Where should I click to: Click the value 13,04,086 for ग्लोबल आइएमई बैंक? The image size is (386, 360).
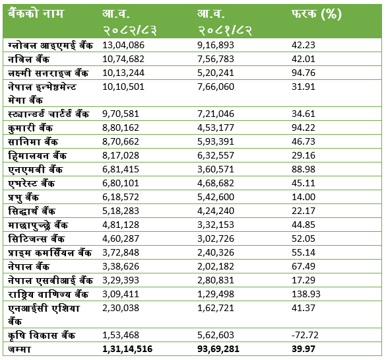tap(123, 45)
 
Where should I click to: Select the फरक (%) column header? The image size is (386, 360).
tap(317, 14)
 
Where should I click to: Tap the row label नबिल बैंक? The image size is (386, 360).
tap(28, 59)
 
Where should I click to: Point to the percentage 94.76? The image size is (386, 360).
tap(304, 73)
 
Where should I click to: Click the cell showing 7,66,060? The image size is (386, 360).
tap(216, 87)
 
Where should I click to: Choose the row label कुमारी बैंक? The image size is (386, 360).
tap(30, 128)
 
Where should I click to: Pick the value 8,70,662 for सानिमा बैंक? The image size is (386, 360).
tap(121, 141)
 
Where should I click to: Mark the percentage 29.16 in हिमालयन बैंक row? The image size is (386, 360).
tap(304, 155)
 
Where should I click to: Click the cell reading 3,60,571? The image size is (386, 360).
tap(216, 169)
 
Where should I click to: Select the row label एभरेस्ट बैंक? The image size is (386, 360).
tap(31, 184)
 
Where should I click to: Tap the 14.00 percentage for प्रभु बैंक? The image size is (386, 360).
tap(304, 197)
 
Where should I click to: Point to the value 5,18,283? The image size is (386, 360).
tap(121, 211)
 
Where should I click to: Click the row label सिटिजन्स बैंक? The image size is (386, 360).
tap(36, 238)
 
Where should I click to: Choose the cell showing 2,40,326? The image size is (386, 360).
tap(216, 252)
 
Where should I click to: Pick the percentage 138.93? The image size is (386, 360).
tap(306, 294)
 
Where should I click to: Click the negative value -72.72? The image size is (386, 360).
tap(305, 335)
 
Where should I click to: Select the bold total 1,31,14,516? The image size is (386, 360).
tap(127, 349)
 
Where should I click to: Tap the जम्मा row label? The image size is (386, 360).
tap(19, 349)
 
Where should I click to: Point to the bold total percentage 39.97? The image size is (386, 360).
tap(304, 349)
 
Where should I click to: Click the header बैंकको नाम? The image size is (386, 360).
tap(36, 13)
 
